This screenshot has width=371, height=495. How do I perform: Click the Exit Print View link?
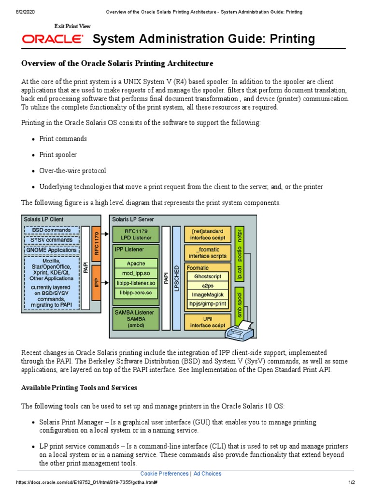coord(72,26)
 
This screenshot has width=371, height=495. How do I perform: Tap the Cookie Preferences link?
coord(164,474)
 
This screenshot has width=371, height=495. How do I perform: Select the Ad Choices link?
coord(207,474)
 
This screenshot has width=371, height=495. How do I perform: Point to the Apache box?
coord(136,263)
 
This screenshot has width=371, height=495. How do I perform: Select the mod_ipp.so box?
coord(136,274)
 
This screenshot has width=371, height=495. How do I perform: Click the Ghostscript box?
coord(207,276)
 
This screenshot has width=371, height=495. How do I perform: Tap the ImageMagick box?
coord(207,294)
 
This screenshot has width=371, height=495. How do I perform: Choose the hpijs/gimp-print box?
coord(207,304)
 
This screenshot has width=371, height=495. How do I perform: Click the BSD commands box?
coord(50,230)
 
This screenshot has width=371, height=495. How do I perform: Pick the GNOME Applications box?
coord(50,250)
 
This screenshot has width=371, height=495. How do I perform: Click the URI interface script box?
coord(207,321)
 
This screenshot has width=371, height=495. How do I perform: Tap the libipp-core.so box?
coord(136,293)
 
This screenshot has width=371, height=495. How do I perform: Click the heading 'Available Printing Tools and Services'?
coord(79,388)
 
